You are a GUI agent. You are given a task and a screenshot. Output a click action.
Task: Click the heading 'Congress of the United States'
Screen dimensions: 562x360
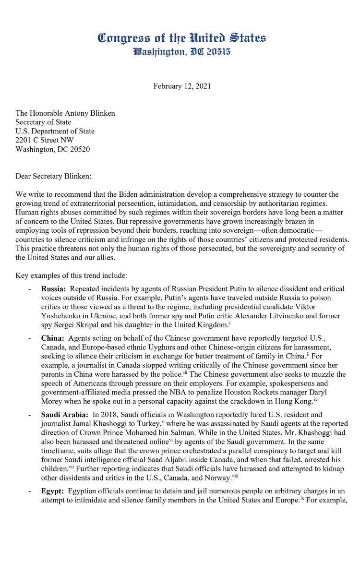[181, 38]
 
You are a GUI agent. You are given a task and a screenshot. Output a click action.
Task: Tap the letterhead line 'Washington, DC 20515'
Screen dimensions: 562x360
[181, 51]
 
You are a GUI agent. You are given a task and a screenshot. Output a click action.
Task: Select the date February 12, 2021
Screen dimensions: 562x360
[181, 86]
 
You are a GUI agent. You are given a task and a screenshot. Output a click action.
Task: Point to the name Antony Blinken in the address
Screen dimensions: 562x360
[91, 113]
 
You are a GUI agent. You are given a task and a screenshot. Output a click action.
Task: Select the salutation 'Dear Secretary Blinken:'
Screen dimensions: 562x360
[53, 176]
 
